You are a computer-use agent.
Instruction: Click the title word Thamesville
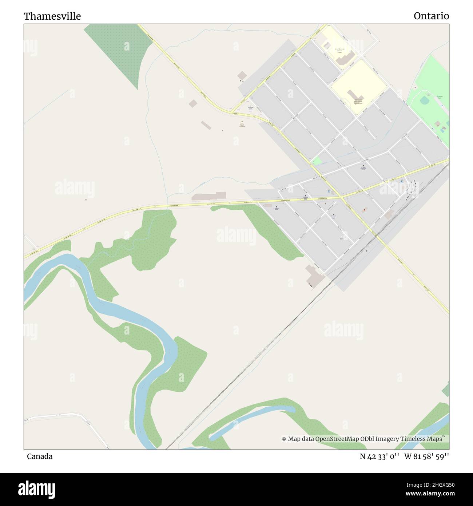click(x=52, y=16)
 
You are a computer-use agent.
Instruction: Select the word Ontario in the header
click(x=431, y=16)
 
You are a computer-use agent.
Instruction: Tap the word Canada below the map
click(x=40, y=456)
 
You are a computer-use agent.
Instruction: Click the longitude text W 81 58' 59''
click(x=426, y=456)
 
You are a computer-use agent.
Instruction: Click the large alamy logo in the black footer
click(x=36, y=489)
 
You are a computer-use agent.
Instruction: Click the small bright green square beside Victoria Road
click(x=317, y=161)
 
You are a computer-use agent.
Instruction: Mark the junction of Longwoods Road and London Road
click(x=342, y=198)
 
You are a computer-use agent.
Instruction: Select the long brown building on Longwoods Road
click(x=209, y=196)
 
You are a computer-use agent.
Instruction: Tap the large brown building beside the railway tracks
click(x=314, y=275)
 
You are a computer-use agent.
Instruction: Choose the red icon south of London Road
click(x=365, y=209)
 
